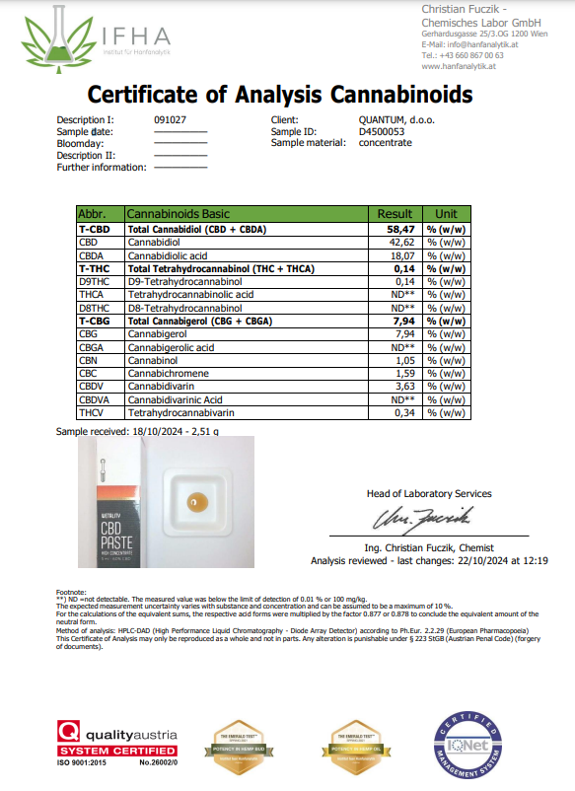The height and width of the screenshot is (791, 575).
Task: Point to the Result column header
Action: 395,213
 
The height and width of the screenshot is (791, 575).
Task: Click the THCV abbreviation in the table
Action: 90,414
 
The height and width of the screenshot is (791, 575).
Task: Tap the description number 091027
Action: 170,120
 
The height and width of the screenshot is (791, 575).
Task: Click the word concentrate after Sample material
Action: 385,143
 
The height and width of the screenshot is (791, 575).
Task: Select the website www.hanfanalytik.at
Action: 462,66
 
